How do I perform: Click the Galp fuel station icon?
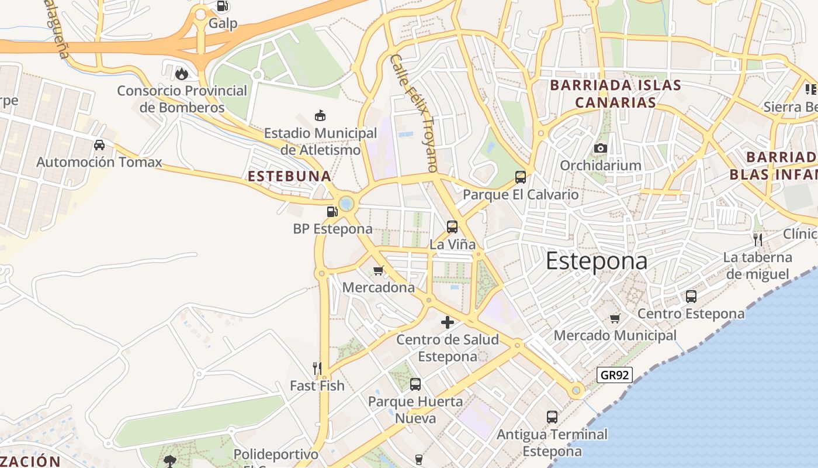pos(222,6)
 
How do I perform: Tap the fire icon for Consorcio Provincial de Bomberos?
pos(182,74)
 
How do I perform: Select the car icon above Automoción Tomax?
pos(99,144)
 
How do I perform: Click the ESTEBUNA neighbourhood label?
pos(289,176)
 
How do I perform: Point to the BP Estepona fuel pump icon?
pos(332,211)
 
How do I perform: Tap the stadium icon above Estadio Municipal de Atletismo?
pos(320,115)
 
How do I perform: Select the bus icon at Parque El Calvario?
pos(520,177)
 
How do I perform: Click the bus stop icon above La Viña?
pos(452,226)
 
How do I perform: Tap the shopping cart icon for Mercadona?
pos(378,270)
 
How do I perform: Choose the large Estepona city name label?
pos(597,261)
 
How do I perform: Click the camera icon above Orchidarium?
pos(601,148)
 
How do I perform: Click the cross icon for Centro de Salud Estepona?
pos(448,322)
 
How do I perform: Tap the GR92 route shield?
pos(615,375)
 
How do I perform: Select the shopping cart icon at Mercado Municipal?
pos(615,318)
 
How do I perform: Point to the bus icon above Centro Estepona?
pos(691,297)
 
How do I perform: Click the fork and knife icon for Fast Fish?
pos(317,368)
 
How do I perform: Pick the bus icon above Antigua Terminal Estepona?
pos(552,417)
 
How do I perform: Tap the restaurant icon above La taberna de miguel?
pos(758,240)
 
